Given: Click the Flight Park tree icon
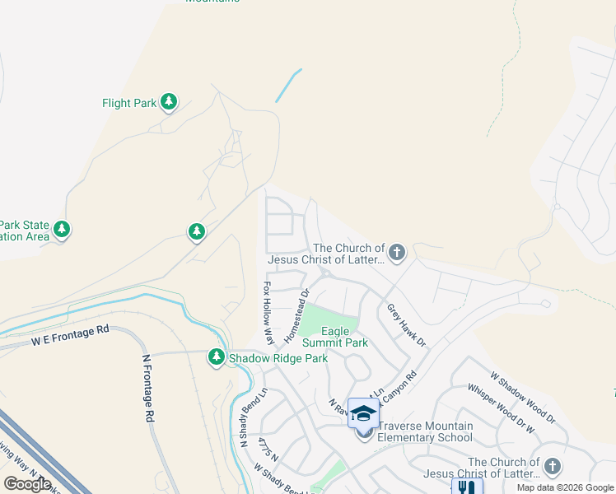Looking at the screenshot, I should (169, 102).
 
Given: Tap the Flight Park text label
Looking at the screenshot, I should (129, 104).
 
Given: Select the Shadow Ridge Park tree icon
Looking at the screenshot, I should (217, 357).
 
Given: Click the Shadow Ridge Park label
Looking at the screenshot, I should (278, 358).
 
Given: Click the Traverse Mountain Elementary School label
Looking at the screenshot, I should (425, 431).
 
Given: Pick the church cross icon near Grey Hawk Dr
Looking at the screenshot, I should (397, 252).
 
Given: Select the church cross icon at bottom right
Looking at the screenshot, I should (552, 467).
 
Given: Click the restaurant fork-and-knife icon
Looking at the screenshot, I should (467, 487).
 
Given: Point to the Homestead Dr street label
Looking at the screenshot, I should (296, 316).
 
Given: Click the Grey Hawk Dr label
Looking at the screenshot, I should (406, 325).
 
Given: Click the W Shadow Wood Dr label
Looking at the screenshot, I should (523, 398).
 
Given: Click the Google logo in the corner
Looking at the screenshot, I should (27, 484).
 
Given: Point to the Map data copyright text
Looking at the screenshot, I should (566, 487).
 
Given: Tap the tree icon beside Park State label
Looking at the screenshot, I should (63, 229).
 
